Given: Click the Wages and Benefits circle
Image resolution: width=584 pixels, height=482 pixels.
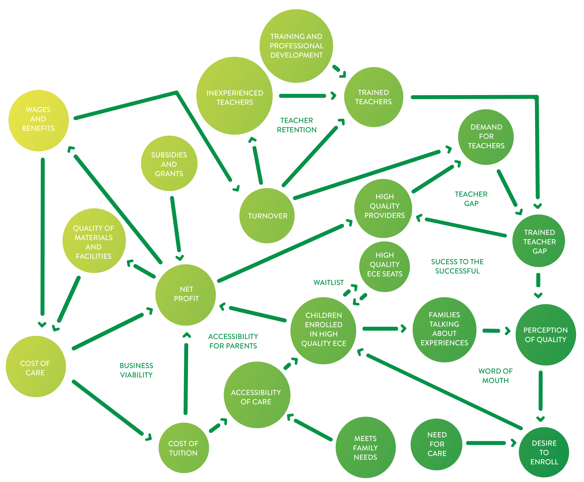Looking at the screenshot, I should (39, 120).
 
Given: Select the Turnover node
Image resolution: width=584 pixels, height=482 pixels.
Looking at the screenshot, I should (267, 216).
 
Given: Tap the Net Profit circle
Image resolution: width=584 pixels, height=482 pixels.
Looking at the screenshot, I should (186, 295).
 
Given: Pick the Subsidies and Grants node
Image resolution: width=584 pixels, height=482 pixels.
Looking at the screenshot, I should (169, 164).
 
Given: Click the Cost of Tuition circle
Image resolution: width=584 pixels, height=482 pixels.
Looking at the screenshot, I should (183, 448).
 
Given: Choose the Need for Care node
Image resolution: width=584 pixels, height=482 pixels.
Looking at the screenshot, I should (436, 444).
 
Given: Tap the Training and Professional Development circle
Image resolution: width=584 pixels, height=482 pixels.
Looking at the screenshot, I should (296, 46).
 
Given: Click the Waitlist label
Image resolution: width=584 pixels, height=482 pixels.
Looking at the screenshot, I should (328, 283).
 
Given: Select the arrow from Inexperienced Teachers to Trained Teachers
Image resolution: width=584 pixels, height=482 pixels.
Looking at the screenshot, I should (305, 96).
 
